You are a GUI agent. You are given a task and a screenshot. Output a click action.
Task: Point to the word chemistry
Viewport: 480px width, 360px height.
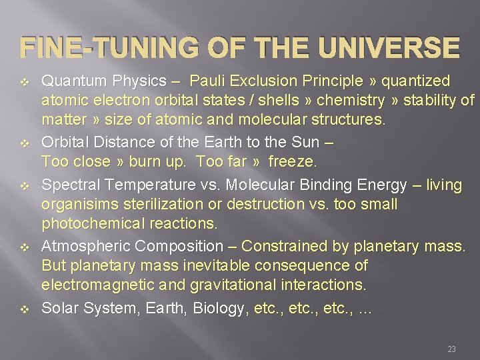point(351,101)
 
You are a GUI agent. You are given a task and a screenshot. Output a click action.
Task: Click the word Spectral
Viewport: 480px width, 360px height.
point(69,184)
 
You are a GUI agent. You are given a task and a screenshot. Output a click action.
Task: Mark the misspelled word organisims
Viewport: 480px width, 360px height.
point(77,203)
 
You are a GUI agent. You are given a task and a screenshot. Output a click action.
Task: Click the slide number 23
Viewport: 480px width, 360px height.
point(451,349)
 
